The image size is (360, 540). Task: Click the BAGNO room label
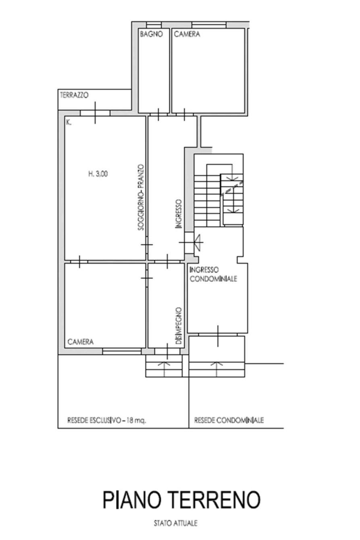pyautogui.click(x=152, y=34)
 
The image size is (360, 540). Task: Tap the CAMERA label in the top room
pyautogui.click(x=187, y=34)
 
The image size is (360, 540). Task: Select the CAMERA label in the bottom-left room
pyautogui.click(x=81, y=342)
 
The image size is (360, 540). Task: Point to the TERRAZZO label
pyautogui.click(x=74, y=95)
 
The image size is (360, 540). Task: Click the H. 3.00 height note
pyautogui.click(x=98, y=174)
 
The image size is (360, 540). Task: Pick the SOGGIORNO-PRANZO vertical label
pyautogui.click(x=141, y=197)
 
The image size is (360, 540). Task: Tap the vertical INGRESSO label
pyautogui.click(x=179, y=214)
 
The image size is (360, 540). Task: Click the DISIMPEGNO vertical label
pyautogui.click(x=179, y=326)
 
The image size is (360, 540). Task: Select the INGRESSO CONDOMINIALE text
pyautogui.click(x=213, y=274)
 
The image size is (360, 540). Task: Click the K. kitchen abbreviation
pyautogui.click(x=69, y=123)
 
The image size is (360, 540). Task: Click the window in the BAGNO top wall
pyautogui.click(x=154, y=25)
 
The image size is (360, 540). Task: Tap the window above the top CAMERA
pyautogui.click(x=209, y=25)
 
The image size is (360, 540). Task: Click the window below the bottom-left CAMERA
pyautogui.click(x=122, y=351)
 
